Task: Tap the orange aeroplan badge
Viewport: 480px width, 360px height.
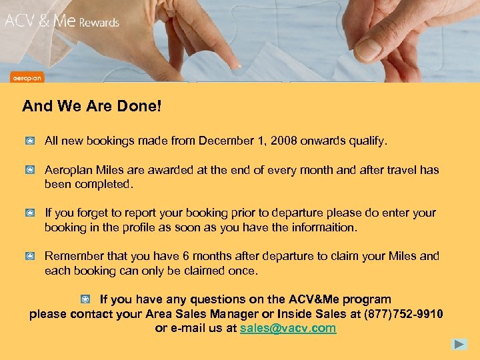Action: tap(27, 77)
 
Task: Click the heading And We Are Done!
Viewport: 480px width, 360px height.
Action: tap(92, 106)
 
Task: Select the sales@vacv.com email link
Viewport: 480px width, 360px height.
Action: tap(288, 329)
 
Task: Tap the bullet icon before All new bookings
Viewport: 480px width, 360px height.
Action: tap(31, 141)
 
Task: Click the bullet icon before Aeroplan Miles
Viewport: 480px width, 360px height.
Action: tap(31, 170)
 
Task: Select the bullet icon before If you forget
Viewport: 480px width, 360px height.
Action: tap(31, 213)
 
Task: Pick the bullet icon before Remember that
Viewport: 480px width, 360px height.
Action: tap(31, 256)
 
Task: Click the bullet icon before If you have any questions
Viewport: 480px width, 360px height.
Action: tap(85, 299)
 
